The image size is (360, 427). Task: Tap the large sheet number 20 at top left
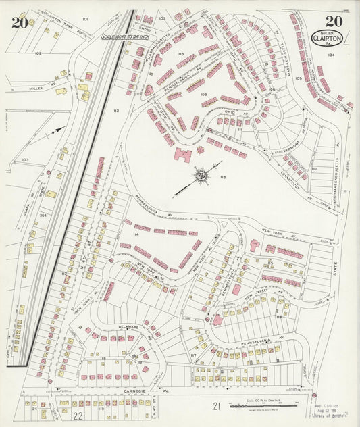[19, 22]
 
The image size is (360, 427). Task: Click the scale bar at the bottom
[254, 406]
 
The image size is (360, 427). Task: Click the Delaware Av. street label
[128, 326]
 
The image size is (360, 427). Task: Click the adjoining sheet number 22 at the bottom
[78, 415]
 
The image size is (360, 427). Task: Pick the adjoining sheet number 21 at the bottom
[216, 405]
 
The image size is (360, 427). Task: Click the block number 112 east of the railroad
[116, 111]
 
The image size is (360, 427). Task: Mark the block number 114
[136, 234]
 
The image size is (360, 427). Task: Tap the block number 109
[203, 95]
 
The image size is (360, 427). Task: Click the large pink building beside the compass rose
[182, 155]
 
